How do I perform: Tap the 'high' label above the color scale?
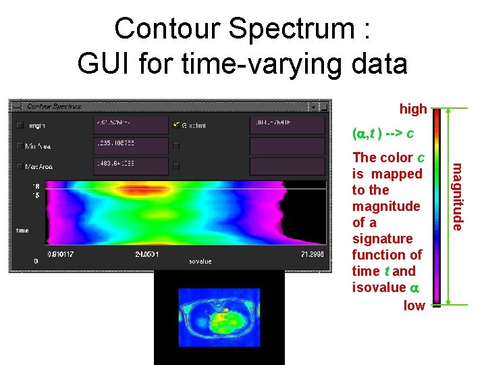(x=412, y=108)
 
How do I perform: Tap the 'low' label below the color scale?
(x=414, y=306)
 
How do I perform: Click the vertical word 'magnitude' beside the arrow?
(x=458, y=196)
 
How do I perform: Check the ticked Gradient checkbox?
(x=177, y=125)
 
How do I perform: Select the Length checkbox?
(x=20, y=125)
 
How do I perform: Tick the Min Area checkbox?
(x=20, y=145)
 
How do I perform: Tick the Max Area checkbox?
(x=20, y=166)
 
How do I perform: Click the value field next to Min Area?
(x=130, y=145)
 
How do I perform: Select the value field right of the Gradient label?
(x=287, y=125)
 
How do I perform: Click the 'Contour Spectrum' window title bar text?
(x=54, y=106)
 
